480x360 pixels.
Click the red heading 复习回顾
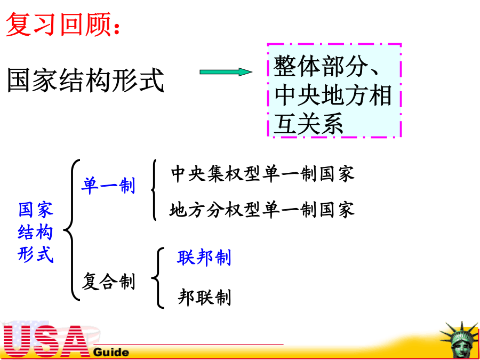point(62,25)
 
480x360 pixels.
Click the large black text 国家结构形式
point(85,80)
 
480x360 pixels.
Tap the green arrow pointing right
point(226,72)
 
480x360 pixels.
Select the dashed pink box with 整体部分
point(334,90)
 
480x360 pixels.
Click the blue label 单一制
point(108,186)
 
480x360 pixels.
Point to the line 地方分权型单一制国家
point(262,210)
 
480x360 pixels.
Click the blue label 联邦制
point(204,258)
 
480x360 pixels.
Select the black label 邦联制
point(204,297)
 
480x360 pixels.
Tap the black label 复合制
point(108,281)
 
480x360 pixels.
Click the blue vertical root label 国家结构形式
point(36,233)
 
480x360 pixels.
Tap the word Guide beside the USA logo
point(111,352)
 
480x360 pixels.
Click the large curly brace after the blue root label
point(71,229)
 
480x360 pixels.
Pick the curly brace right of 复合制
point(158,278)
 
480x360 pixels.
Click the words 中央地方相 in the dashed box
point(333,95)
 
